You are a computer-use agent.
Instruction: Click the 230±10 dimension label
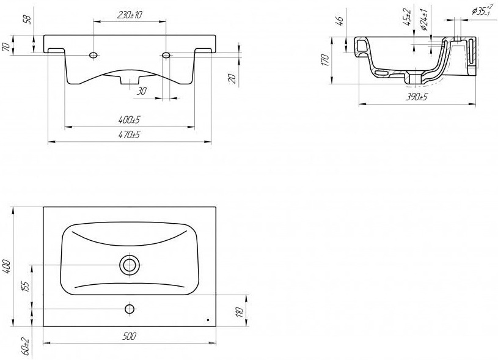tap(130, 15)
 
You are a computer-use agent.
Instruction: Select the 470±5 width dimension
tap(130, 134)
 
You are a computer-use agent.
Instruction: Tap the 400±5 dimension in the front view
tap(130, 120)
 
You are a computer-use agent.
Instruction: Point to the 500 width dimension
tap(130, 336)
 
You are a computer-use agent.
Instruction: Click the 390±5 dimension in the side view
tap(417, 97)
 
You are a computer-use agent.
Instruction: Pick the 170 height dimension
tap(324, 60)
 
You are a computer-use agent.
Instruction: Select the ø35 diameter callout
tap(481, 11)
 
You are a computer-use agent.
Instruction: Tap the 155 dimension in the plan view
tap(26, 286)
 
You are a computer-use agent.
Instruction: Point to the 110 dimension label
tap(240, 312)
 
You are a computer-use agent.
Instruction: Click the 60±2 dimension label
tap(26, 346)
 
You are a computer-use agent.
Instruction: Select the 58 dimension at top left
tap(29, 20)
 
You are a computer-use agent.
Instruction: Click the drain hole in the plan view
tap(130, 265)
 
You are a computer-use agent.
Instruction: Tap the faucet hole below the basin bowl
tap(130, 309)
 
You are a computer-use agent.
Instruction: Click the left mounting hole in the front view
tap(93, 55)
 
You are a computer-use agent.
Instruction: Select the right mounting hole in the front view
tap(166, 55)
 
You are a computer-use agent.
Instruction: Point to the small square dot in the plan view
tap(208, 320)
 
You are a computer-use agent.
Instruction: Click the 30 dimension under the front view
tap(142, 91)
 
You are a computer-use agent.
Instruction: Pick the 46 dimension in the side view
tap(340, 20)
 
